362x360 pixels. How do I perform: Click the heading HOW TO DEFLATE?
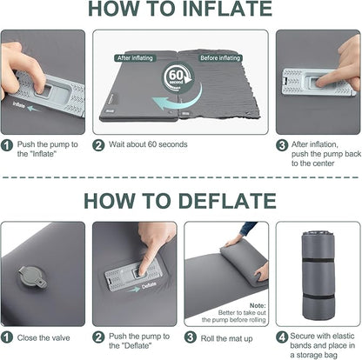coord(181,200)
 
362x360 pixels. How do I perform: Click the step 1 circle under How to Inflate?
coord(8,146)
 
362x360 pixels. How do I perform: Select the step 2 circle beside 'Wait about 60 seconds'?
coord(98,146)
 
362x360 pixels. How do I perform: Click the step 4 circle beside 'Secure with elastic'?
coord(282,336)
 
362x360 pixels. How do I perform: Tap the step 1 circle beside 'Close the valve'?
coord(8,336)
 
